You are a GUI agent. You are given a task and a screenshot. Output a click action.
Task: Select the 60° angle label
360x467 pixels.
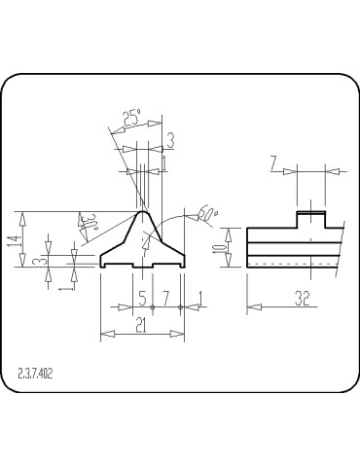point(206,212)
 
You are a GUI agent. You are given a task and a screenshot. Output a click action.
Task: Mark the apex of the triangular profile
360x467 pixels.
point(143,209)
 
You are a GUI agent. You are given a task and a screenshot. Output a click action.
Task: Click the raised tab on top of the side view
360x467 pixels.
point(310,219)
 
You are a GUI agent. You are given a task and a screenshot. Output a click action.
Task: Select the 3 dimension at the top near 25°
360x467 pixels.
point(169,141)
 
